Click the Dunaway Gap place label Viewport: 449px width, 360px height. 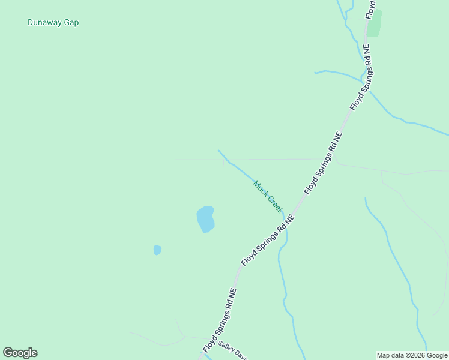[53, 23]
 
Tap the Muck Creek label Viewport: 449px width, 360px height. [268, 196]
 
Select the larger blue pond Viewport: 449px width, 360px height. [205, 219]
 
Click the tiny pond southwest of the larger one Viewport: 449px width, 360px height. [157, 250]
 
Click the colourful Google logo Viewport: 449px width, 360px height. [20, 353]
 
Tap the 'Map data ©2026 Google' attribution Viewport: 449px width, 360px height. [412, 355]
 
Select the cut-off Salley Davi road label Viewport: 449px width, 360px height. [233, 351]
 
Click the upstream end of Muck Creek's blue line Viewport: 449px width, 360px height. [218, 151]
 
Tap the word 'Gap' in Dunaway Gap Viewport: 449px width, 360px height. [71, 23]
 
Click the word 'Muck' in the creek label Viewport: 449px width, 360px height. [260, 188]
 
